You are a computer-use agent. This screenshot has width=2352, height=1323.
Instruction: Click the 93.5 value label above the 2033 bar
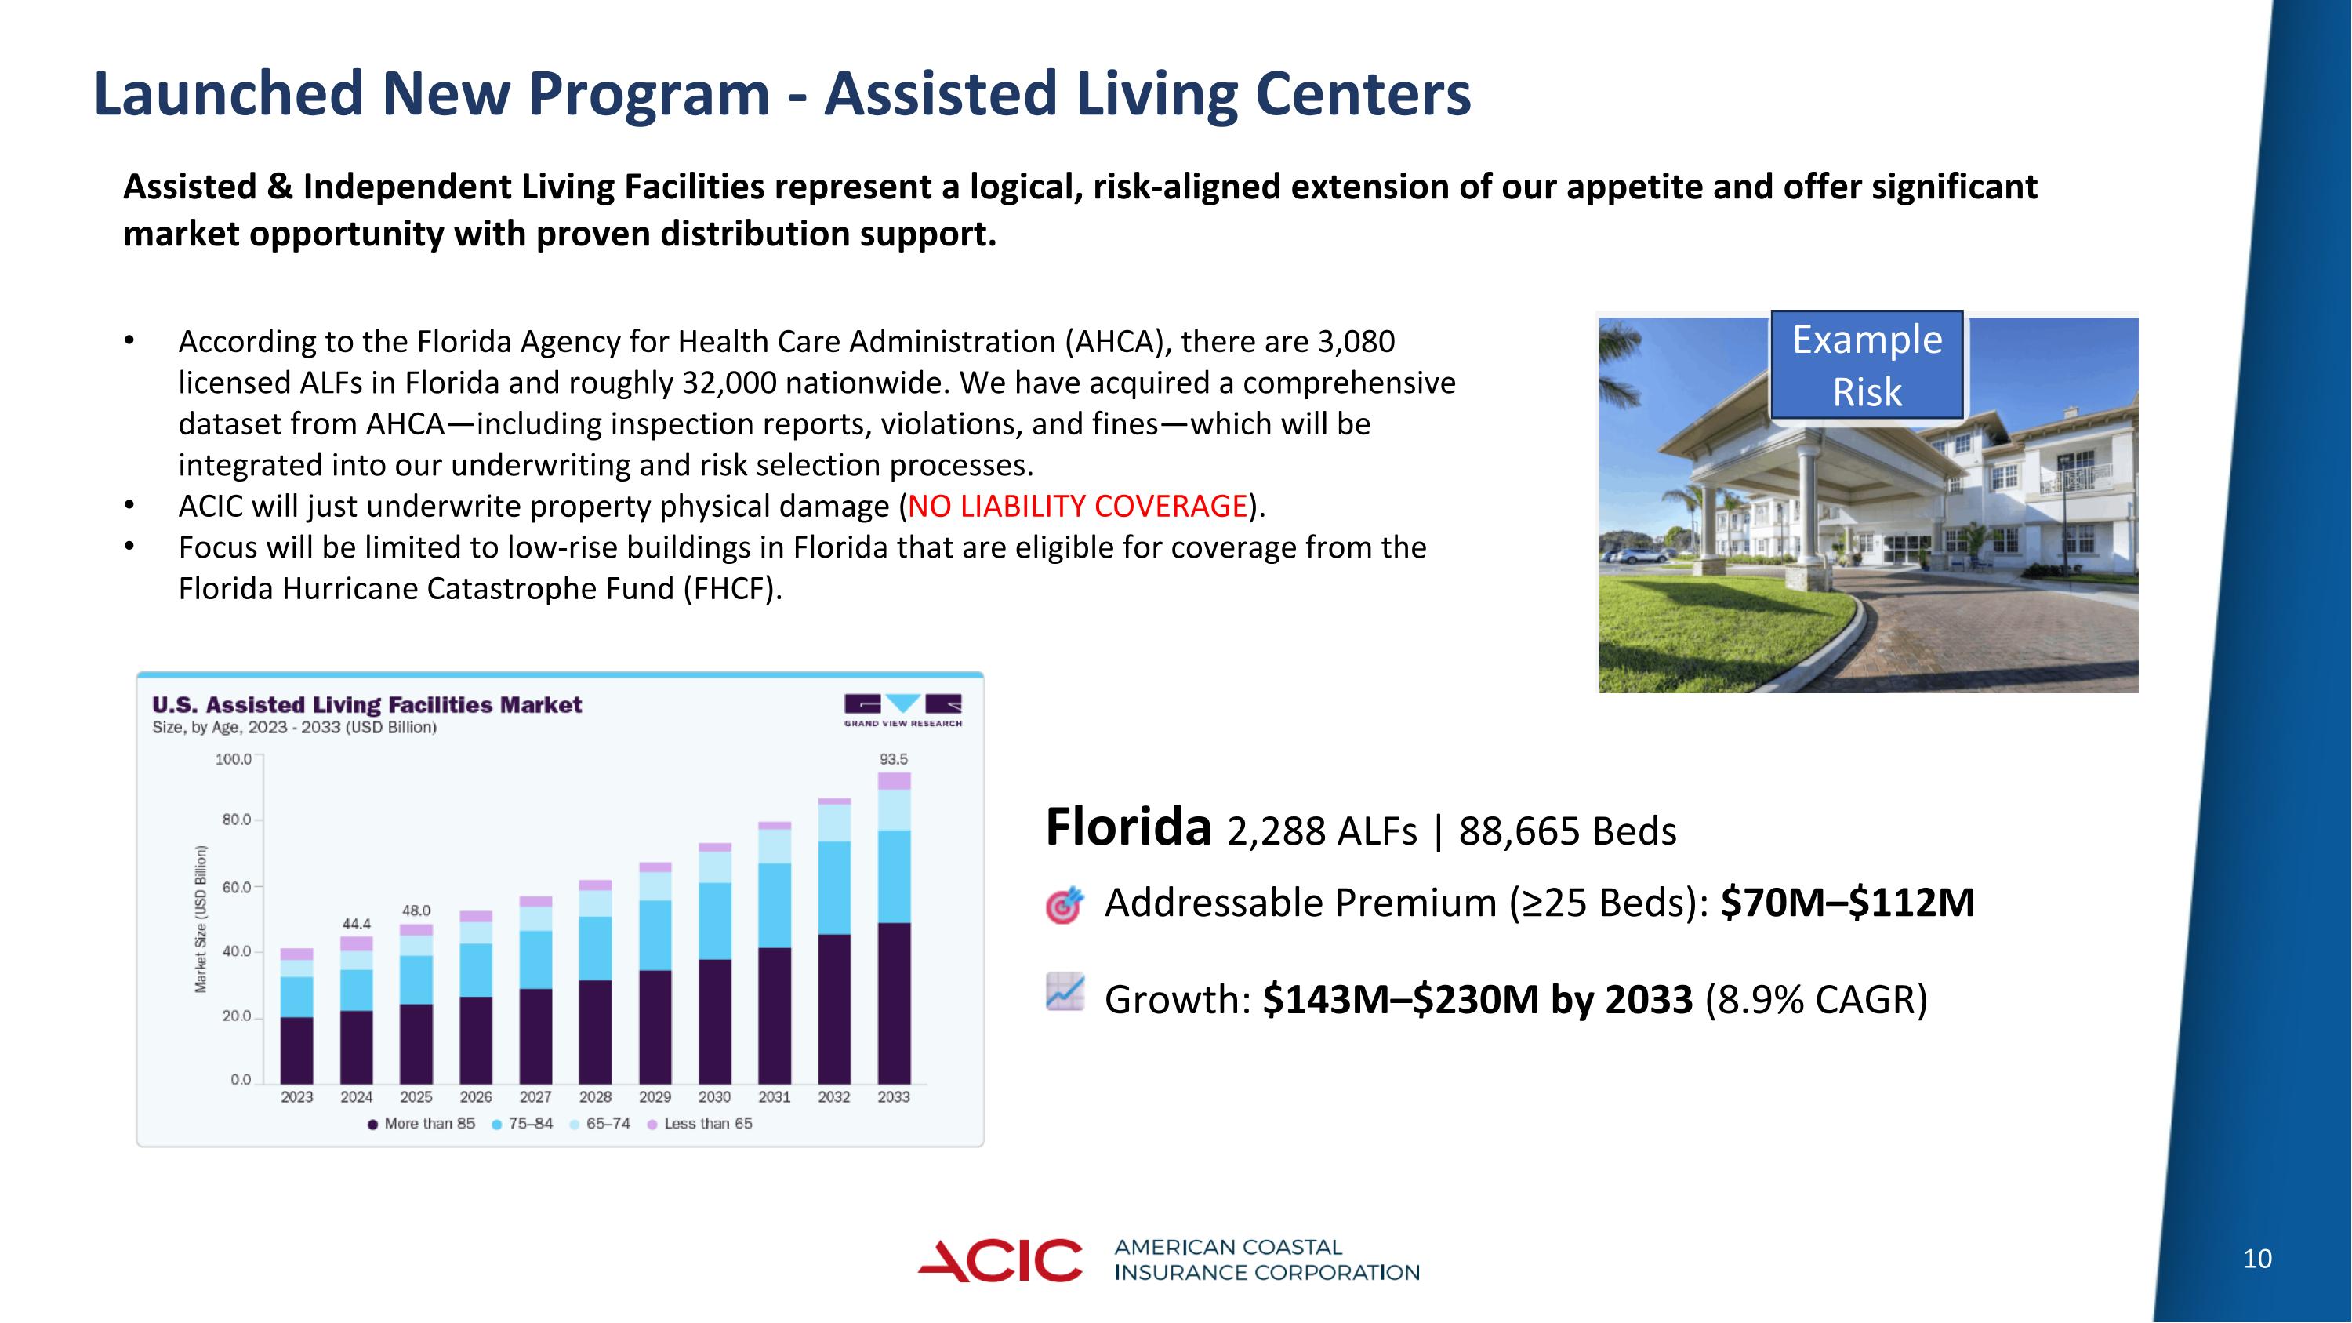coord(893,758)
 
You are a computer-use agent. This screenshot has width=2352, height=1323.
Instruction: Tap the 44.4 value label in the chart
coord(356,924)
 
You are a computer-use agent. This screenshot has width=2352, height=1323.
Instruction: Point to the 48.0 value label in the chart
coord(416,910)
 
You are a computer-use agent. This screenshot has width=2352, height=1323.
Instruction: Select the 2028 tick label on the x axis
coord(595,1096)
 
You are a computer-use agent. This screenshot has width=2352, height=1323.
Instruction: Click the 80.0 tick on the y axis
coord(237,820)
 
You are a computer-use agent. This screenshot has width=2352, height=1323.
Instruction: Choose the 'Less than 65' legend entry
coord(700,1123)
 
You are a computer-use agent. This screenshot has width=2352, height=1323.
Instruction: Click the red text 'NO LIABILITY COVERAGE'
coord(1077,506)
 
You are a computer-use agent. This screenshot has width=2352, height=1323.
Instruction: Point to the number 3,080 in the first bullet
coord(1356,341)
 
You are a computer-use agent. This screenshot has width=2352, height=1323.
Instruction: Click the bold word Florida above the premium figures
coord(1127,827)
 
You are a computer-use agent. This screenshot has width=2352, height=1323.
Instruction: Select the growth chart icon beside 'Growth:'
coord(1065,993)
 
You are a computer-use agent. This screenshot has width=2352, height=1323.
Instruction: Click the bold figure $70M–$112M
coord(1846,903)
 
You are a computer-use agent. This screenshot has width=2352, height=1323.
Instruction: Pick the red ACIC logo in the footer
coord(1000,1261)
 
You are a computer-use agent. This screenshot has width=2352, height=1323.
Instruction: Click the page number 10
coord(2257,1259)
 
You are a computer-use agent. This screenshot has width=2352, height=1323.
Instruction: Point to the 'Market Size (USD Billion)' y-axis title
coord(201,918)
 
